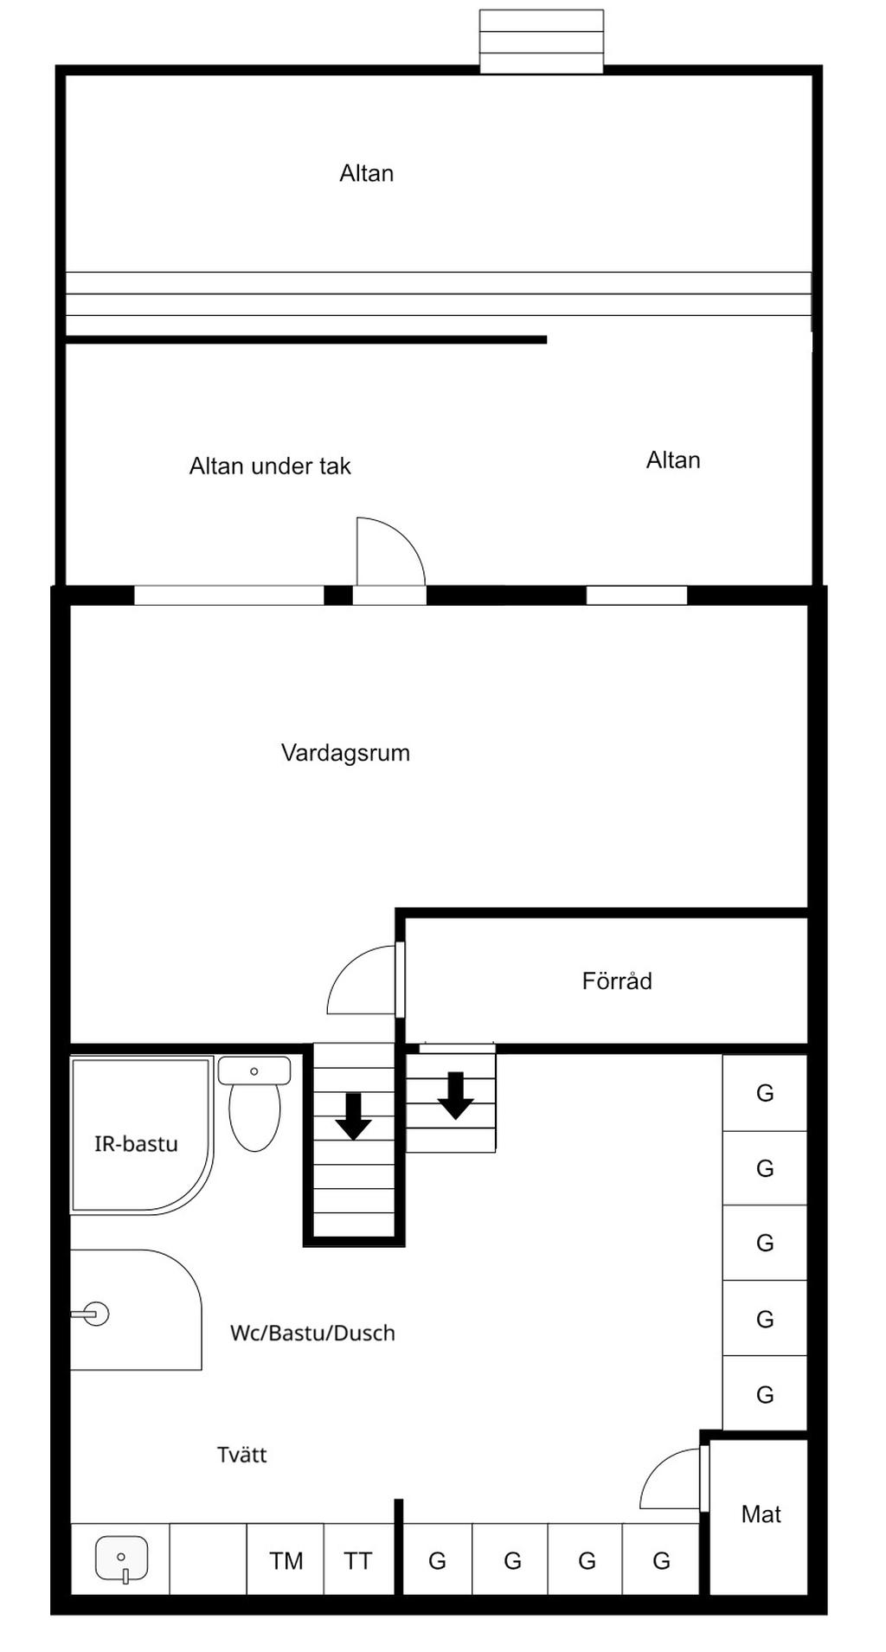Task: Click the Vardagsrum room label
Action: click(x=345, y=753)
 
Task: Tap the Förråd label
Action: click(x=616, y=981)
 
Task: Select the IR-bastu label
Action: click(x=136, y=1144)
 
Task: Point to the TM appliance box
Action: click(x=286, y=1561)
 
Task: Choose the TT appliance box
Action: click(x=358, y=1561)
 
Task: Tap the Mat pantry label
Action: click(x=761, y=1514)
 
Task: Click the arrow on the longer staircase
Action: click(x=353, y=1116)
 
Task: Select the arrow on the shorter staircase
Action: click(x=455, y=1096)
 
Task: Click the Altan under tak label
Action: click(x=270, y=466)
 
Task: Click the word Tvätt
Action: click(x=241, y=1455)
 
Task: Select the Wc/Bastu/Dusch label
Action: click(x=312, y=1334)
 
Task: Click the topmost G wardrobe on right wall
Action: click(x=765, y=1093)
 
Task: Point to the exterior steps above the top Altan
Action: click(x=542, y=42)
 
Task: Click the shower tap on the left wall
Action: click(x=93, y=1314)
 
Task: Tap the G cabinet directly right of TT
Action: click(x=437, y=1561)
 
